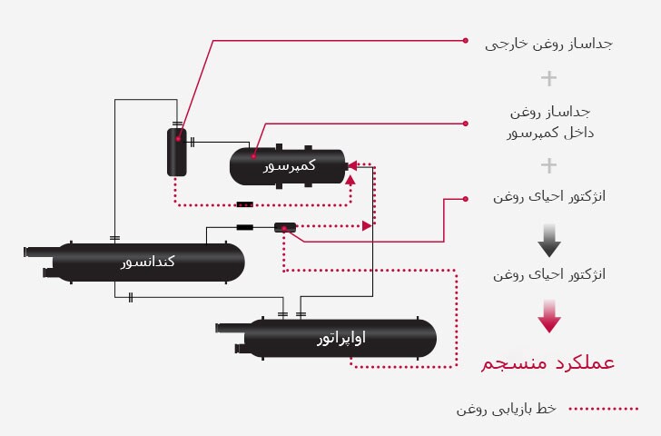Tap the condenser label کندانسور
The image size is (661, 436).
coord(148,263)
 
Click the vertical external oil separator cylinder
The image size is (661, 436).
coord(176,152)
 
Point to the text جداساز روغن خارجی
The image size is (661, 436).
coord(548,42)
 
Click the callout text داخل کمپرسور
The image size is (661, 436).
coord(548,134)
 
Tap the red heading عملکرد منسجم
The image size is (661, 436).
coord(548,363)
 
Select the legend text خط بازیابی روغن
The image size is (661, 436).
coord(506,409)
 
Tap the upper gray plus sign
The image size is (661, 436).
coord(548,78)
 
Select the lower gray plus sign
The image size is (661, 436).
coord(548,165)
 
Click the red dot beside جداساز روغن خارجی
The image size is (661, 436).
coord(466,41)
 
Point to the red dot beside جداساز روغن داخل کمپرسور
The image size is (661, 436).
coord(466,123)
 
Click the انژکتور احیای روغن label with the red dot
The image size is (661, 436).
coord(548,197)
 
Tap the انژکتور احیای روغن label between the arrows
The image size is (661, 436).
coord(548,273)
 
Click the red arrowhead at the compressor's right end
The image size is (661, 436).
coord(351,167)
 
